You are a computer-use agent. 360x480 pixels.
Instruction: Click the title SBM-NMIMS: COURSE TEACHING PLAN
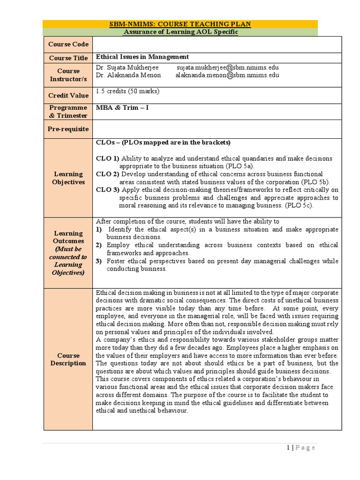point(180,24)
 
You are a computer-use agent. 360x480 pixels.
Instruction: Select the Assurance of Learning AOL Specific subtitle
point(180,32)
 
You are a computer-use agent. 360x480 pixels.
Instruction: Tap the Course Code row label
point(68,44)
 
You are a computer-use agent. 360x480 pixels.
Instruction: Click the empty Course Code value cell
point(216,44)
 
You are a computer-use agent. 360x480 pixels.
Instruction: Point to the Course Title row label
point(68,58)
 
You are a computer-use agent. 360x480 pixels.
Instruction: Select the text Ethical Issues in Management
point(142,56)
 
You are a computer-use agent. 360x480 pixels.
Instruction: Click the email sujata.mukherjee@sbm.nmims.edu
point(227,67)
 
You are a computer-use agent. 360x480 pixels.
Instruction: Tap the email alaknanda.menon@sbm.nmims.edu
point(227,75)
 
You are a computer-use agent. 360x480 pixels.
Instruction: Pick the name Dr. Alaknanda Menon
point(128,75)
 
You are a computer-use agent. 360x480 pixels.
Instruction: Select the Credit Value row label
point(68,95)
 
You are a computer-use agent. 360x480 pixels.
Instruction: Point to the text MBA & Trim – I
point(119,107)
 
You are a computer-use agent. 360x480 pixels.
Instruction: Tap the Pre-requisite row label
point(68,128)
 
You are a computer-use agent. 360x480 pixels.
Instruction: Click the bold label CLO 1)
point(107,158)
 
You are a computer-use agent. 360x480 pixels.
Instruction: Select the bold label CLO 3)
point(107,190)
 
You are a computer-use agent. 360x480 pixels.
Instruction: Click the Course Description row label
point(68,360)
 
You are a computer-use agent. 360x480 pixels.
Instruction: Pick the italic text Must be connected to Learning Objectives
point(68,261)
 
